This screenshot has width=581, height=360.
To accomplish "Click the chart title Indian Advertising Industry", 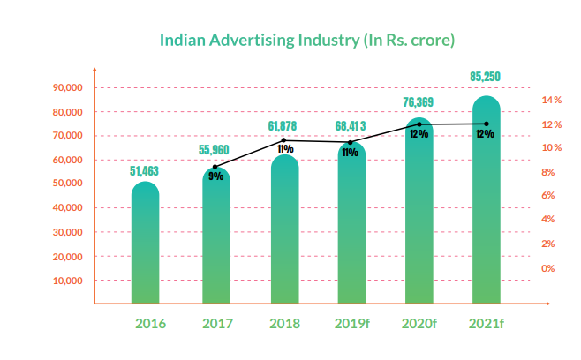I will tap(306, 40).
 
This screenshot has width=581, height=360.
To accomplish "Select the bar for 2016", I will tap(146, 243).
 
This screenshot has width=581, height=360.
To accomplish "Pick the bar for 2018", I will tap(283, 234).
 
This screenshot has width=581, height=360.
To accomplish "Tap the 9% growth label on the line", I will tap(215, 176).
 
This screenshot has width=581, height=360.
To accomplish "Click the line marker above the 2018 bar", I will tap(283, 139).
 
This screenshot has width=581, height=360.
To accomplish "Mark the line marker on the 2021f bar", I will tap(487, 124).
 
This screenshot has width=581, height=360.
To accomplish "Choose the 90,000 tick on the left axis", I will tap(68, 88).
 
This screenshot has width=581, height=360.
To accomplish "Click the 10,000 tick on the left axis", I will tap(68, 281).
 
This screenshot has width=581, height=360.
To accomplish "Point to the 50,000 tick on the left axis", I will tap(68, 184).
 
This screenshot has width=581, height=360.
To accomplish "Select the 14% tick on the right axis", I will tap(551, 101).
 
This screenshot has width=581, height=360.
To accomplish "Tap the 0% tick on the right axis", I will tap(547, 267).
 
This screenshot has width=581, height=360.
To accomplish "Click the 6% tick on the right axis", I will tap(547, 196).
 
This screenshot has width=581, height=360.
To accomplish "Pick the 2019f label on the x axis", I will tap(351, 323).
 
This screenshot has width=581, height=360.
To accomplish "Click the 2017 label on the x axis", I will tap(217, 323).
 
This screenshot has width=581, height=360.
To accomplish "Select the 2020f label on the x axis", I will tap(419, 323).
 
